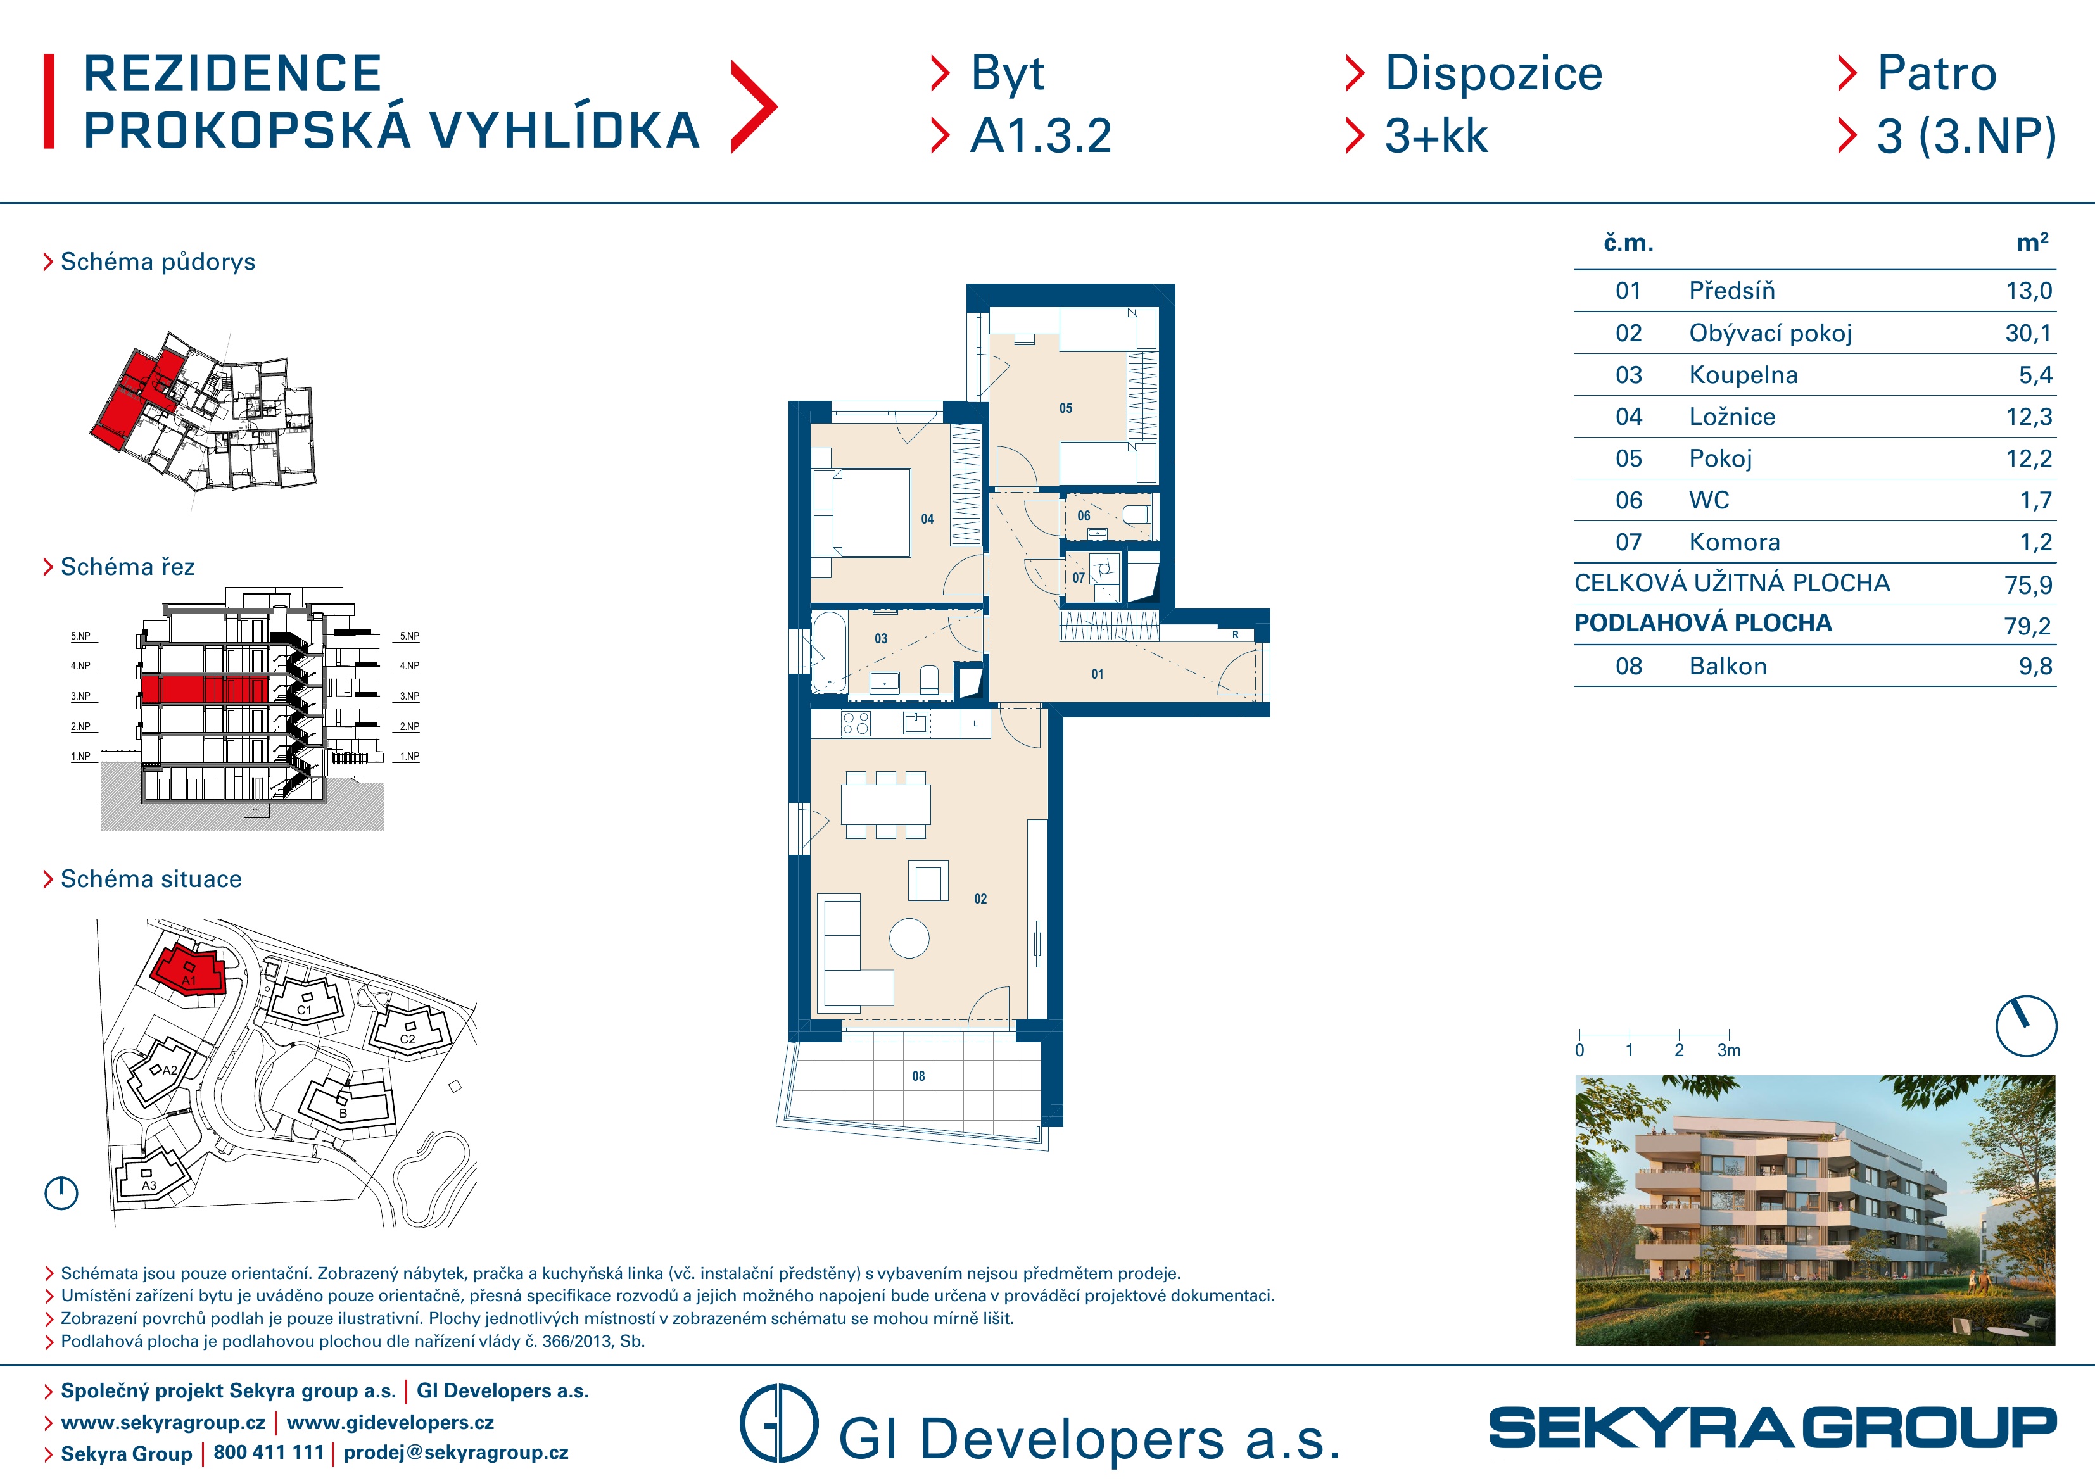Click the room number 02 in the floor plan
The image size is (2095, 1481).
[x=980, y=899]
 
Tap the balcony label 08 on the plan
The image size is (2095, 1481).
[x=918, y=1076]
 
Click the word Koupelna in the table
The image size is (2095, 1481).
[x=1743, y=375]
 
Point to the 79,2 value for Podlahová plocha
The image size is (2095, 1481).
[x=2027, y=626]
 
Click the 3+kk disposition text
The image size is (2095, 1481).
[x=1436, y=136]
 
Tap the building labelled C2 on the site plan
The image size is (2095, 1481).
[x=408, y=1031]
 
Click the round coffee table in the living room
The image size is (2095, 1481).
[x=909, y=938]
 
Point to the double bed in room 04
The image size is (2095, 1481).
[x=863, y=512]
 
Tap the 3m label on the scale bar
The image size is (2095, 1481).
[x=1728, y=1050]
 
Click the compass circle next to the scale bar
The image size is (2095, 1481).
[x=2026, y=1026]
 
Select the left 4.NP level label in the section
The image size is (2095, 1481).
[x=81, y=666]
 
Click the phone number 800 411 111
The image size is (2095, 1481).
[x=269, y=1453]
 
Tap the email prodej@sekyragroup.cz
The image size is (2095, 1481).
[x=456, y=1453]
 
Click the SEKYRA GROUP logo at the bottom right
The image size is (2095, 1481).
[x=1773, y=1428]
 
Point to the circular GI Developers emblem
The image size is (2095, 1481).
[x=778, y=1423]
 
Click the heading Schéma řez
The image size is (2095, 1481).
[x=128, y=567]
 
